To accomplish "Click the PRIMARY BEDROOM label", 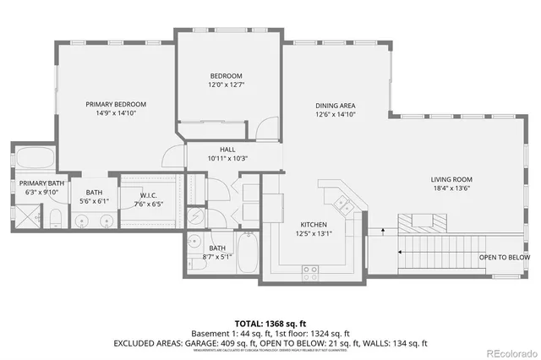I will point(116,104).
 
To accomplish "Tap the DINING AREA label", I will point(335,104).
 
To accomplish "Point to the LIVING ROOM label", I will point(451,179).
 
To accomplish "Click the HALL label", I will point(227,150).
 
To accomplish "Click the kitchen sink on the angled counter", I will point(343,202).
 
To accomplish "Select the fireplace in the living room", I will point(420,222).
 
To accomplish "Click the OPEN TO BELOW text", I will point(505,257).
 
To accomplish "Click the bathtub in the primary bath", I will point(35,159).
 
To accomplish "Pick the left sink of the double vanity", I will point(82,221).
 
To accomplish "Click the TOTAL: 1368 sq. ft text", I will point(270,324).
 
